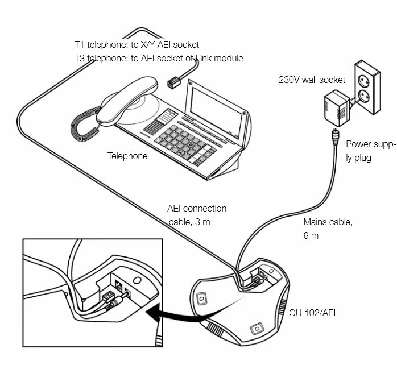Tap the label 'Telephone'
pyautogui.click(x=127, y=156)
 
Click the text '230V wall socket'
pyautogui.click(x=312, y=80)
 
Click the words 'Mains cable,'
pyautogui.click(x=328, y=222)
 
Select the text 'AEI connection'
pyautogui.click(x=197, y=209)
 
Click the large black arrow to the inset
pyautogui.click(x=171, y=314)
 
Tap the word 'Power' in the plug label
pyautogui.click(x=358, y=144)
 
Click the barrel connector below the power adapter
pyautogui.click(x=333, y=135)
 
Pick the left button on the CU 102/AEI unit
pyautogui.click(x=201, y=297)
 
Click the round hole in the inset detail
pyautogui.click(x=137, y=280)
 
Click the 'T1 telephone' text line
pyautogui.click(x=137, y=44)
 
